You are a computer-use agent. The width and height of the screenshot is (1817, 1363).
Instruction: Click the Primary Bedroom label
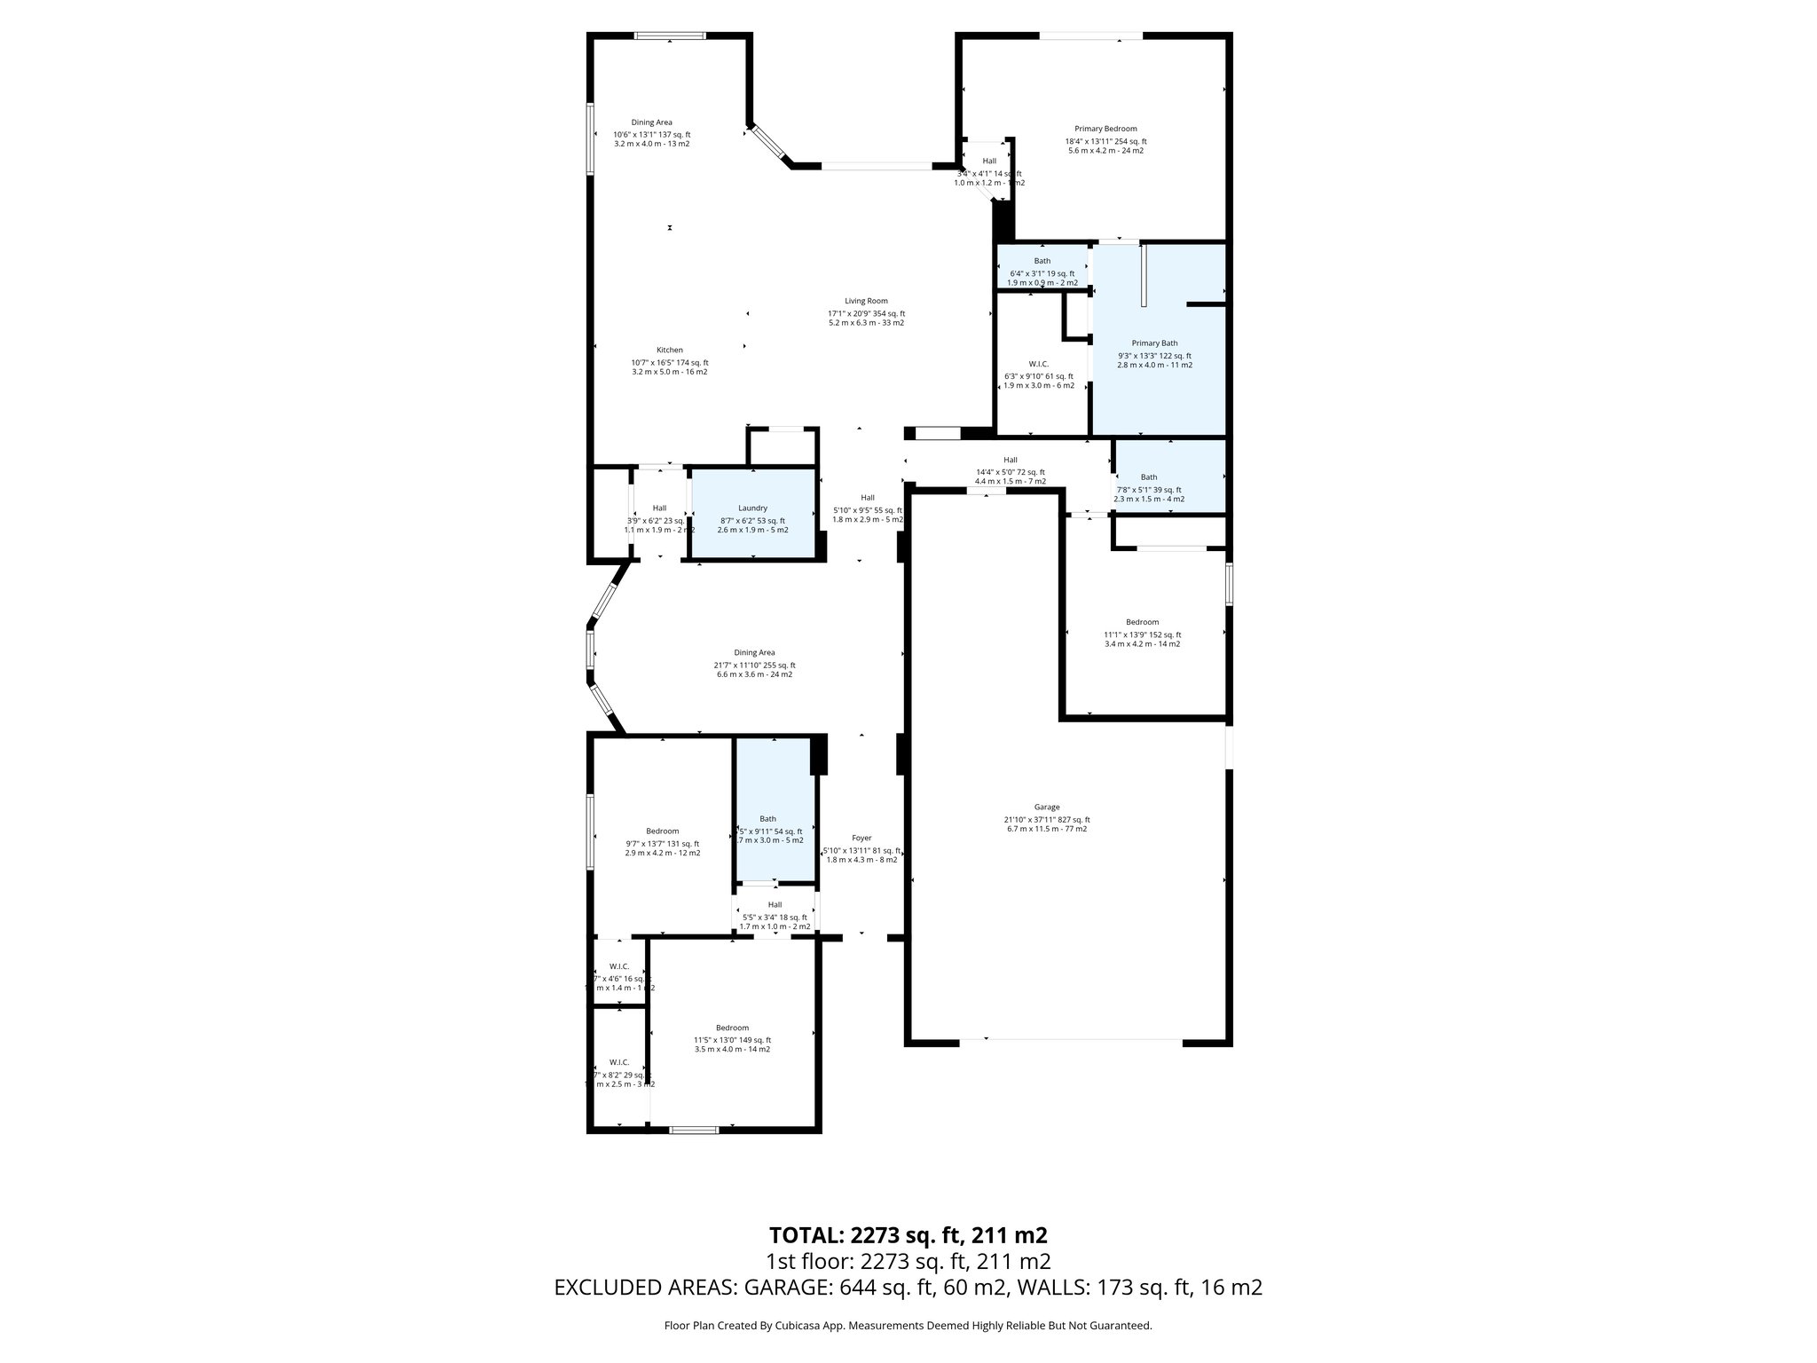click(1105, 129)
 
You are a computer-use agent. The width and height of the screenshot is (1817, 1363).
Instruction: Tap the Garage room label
click(1046, 807)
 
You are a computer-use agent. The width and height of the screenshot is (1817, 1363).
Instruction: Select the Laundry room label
click(752, 508)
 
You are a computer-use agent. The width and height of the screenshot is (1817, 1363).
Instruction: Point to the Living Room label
click(866, 301)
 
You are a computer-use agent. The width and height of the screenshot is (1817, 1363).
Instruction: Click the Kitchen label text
click(669, 350)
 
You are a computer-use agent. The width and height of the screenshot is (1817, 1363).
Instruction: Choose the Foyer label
click(861, 838)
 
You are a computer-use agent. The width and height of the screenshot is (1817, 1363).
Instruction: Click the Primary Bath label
click(1154, 343)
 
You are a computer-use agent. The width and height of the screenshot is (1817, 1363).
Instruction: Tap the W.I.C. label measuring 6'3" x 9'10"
click(1038, 364)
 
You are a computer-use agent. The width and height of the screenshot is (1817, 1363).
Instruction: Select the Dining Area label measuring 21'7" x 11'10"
click(754, 652)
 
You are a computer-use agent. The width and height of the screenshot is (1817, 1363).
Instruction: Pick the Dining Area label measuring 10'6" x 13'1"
click(651, 122)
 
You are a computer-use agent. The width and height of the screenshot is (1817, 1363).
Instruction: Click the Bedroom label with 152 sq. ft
click(1142, 622)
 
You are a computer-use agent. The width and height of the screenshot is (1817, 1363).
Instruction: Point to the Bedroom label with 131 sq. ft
click(662, 831)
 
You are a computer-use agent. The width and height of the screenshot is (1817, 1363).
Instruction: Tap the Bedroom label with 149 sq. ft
click(732, 1028)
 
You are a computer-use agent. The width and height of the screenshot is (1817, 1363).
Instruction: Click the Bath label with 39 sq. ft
click(1148, 477)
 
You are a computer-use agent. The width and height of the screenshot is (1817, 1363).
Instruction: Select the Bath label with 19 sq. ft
click(1042, 261)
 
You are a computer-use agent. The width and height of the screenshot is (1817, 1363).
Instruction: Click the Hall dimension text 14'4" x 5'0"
click(1010, 472)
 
